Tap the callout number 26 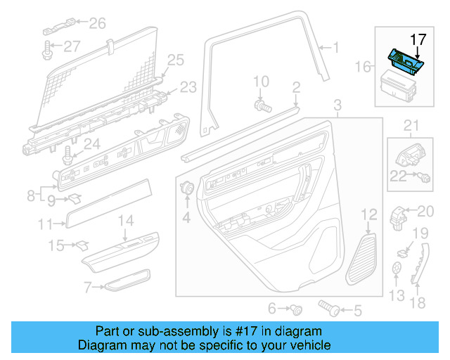tap(96, 23)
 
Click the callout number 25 tap(175, 60)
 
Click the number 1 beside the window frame tap(335, 48)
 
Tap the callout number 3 tap(337, 106)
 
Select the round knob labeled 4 tap(188, 188)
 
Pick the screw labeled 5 tap(328, 307)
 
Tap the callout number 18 tap(418, 303)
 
